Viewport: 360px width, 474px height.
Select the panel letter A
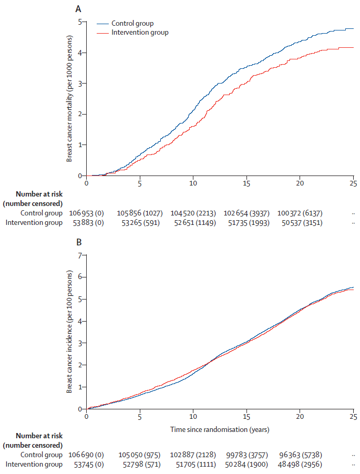[x=78, y=8]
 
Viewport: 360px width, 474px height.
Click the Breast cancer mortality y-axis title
[x=69, y=99]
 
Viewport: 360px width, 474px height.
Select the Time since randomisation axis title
[x=220, y=429]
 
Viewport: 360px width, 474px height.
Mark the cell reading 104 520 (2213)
[x=193, y=213]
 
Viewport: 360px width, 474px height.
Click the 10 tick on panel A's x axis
[x=193, y=184]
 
